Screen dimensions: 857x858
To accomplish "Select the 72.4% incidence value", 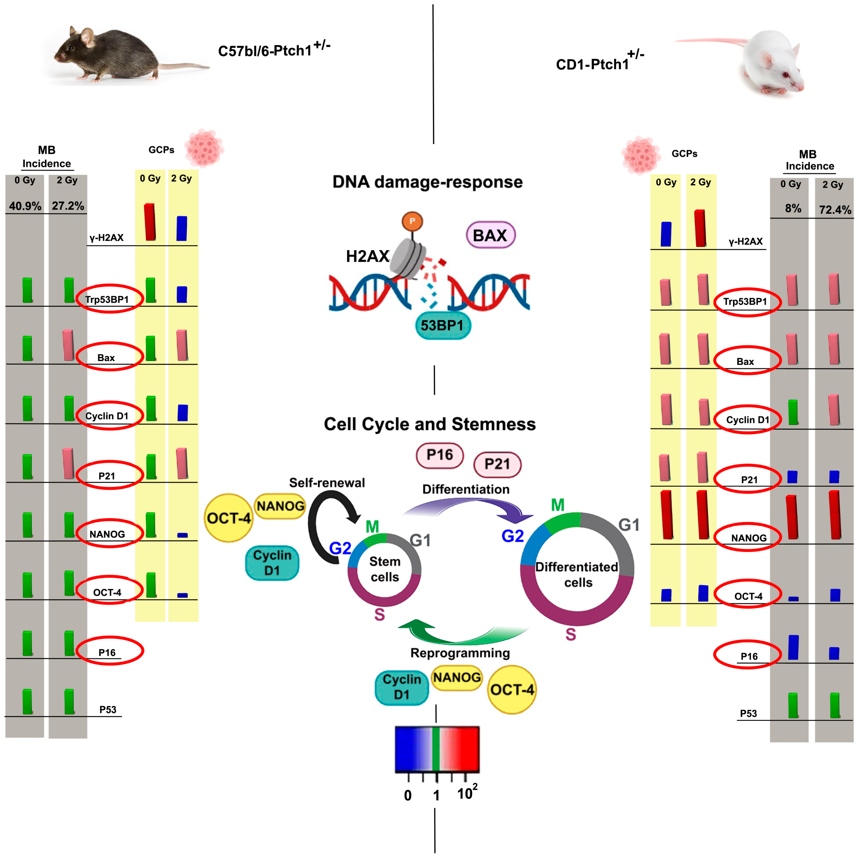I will (835, 210).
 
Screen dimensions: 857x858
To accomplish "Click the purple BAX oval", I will (490, 235).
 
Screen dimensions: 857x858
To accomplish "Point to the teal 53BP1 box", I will (442, 325).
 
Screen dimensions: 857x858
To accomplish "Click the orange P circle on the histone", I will (412, 221).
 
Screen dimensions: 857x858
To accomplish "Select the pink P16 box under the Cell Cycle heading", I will (440, 455).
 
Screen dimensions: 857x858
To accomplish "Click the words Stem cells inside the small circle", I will (385, 569).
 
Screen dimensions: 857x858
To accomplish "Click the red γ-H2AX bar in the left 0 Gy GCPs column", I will (150, 222).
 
